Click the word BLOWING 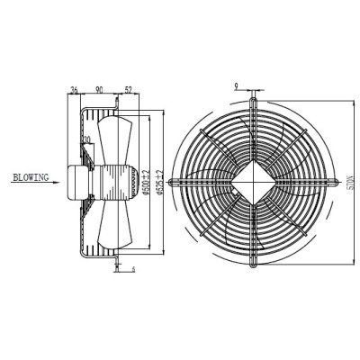pyautogui.click(x=32, y=177)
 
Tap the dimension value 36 pyautogui.click(x=73, y=89)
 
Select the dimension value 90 pyautogui.click(x=99, y=89)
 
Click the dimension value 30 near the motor pyautogui.click(x=87, y=140)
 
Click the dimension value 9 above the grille pyautogui.click(x=235, y=86)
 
